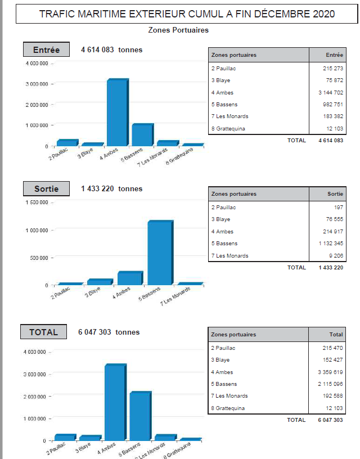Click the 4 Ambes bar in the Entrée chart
[x=116, y=112]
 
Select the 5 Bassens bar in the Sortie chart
[x=160, y=253]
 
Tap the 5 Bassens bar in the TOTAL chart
[x=139, y=416]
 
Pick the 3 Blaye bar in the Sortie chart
[x=99, y=282]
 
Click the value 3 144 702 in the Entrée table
[x=331, y=92]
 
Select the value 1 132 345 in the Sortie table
[x=331, y=244]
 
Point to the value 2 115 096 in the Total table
[x=331, y=384]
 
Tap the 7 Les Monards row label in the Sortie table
[x=229, y=256]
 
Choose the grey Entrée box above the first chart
[x=46, y=50]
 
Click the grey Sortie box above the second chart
[x=46, y=189]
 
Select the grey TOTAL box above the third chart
[x=44, y=332]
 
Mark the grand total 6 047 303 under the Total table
[x=331, y=420]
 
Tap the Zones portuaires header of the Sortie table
[x=234, y=194]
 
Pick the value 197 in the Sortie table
[x=339, y=208]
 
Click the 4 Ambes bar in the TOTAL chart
[x=115, y=402]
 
